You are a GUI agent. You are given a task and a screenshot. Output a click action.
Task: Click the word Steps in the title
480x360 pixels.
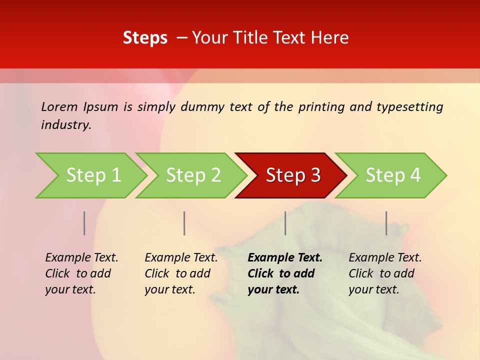point(145,38)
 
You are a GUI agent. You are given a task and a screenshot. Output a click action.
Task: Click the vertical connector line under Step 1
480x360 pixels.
point(84,223)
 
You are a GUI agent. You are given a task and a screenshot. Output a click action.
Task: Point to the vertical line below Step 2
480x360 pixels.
point(184,223)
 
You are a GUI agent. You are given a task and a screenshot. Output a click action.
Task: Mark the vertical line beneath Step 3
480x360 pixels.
point(285,223)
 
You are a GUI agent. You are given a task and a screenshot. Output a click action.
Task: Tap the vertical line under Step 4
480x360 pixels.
point(386,223)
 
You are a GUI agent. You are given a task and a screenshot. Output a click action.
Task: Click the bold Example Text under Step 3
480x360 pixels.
point(285,258)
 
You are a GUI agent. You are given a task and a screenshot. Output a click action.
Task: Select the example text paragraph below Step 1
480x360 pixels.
point(81,273)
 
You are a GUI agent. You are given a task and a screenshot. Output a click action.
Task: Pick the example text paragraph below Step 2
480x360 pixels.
point(180,273)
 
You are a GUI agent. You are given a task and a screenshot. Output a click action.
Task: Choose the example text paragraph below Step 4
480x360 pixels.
point(384,273)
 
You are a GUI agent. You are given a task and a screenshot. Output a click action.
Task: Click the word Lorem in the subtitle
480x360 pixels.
point(59,107)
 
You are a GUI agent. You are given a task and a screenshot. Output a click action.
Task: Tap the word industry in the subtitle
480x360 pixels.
point(65,125)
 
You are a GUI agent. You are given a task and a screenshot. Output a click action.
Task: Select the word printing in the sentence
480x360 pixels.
point(321,107)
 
